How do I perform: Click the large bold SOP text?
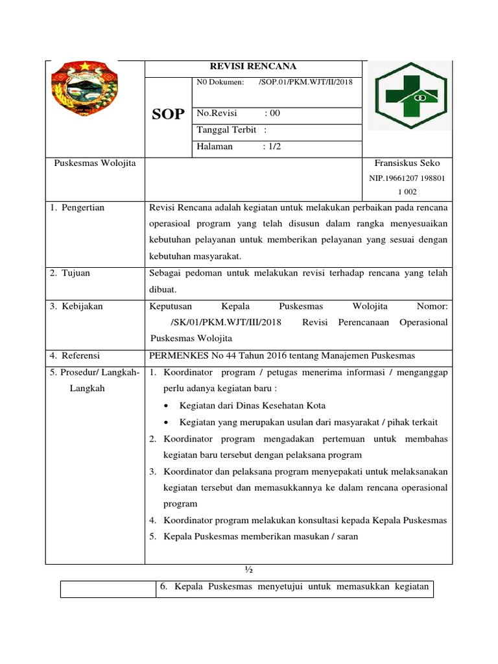[x=168, y=115]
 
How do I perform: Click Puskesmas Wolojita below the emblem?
[x=95, y=163]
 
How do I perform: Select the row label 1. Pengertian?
[x=77, y=207]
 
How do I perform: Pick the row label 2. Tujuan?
[x=70, y=273]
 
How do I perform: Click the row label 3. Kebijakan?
[x=77, y=305]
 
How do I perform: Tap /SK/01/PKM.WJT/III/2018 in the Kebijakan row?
[x=224, y=322]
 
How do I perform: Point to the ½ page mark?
[x=248, y=569]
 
